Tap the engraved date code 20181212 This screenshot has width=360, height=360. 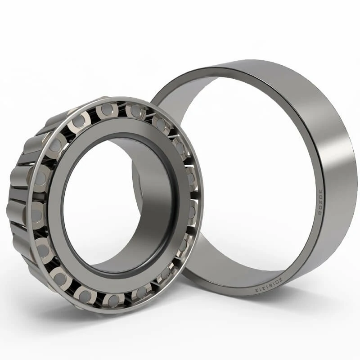point(267,284)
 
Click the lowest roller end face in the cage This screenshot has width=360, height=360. point(114,300)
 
